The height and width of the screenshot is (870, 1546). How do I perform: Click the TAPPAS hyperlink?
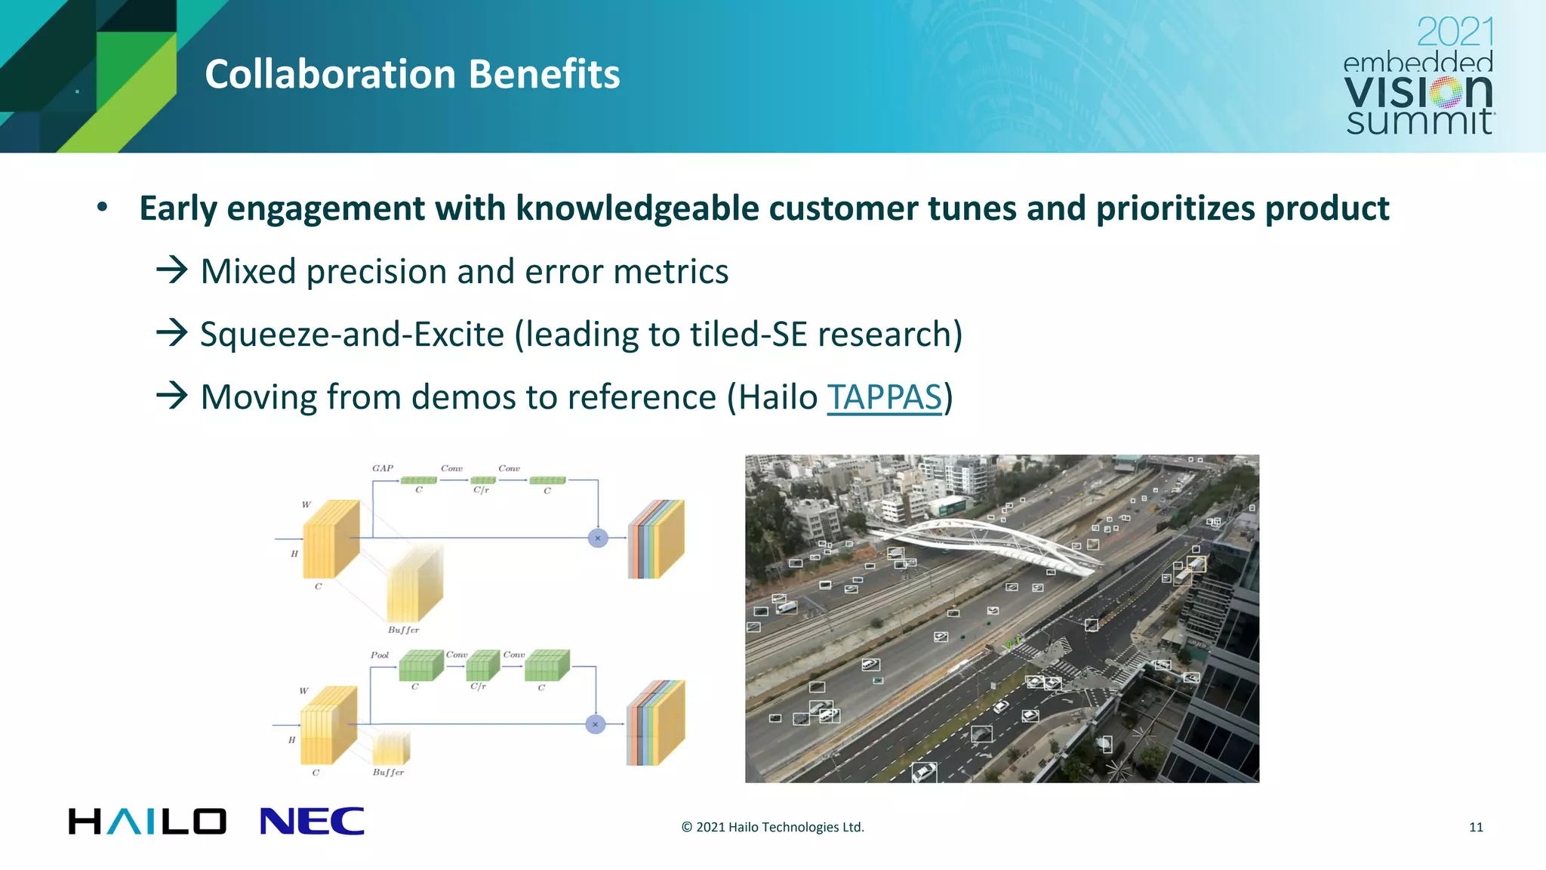(x=884, y=397)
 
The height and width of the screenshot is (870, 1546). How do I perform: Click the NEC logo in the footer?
(x=312, y=822)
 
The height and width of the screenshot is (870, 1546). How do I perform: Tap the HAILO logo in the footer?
(x=147, y=822)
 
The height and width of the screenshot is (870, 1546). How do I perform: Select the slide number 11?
(x=1476, y=827)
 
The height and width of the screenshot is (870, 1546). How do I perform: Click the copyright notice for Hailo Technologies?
(x=772, y=827)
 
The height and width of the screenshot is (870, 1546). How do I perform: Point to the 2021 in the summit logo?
(x=1455, y=32)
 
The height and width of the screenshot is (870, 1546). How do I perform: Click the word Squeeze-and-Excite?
(x=352, y=335)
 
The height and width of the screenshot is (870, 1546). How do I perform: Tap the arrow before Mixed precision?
(x=172, y=270)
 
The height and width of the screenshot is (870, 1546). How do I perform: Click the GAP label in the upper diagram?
(x=383, y=468)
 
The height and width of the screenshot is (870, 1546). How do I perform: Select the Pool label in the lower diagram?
(x=380, y=655)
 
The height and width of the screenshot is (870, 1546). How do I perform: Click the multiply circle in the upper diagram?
(x=598, y=538)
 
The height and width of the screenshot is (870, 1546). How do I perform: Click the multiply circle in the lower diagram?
(x=596, y=724)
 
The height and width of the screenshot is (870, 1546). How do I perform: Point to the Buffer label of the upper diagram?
(x=403, y=630)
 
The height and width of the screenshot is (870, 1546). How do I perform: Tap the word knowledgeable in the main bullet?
(x=636, y=209)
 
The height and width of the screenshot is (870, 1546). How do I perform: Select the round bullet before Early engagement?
(x=103, y=207)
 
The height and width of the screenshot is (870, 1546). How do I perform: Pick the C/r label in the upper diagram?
(x=482, y=490)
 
